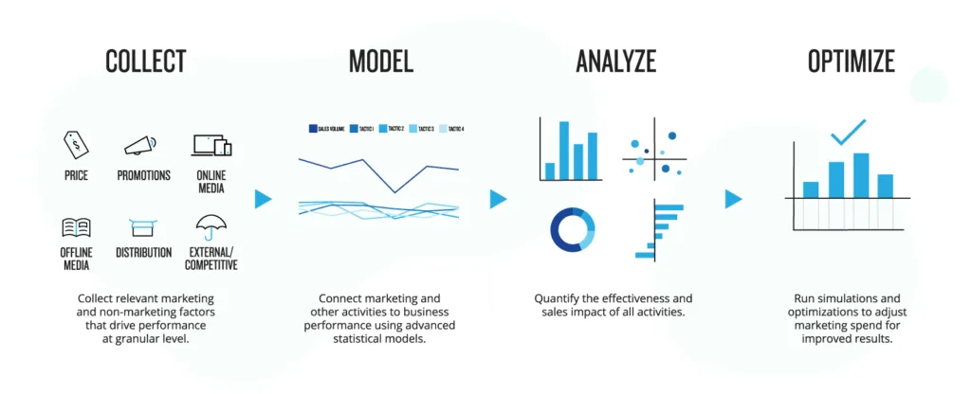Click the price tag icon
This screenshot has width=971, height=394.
coord(76,145)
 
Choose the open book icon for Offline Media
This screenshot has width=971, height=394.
coord(76,226)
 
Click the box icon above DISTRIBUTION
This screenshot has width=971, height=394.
coord(143,227)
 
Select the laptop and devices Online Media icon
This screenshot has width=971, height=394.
coord(211,145)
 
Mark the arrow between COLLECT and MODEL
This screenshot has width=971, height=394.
coord(264,199)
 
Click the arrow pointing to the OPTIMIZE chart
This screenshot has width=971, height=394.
coord(733,199)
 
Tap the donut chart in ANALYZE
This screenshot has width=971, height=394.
coord(572,230)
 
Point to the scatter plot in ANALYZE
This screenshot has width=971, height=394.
coord(654,154)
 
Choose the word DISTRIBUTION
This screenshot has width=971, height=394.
coord(144,253)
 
